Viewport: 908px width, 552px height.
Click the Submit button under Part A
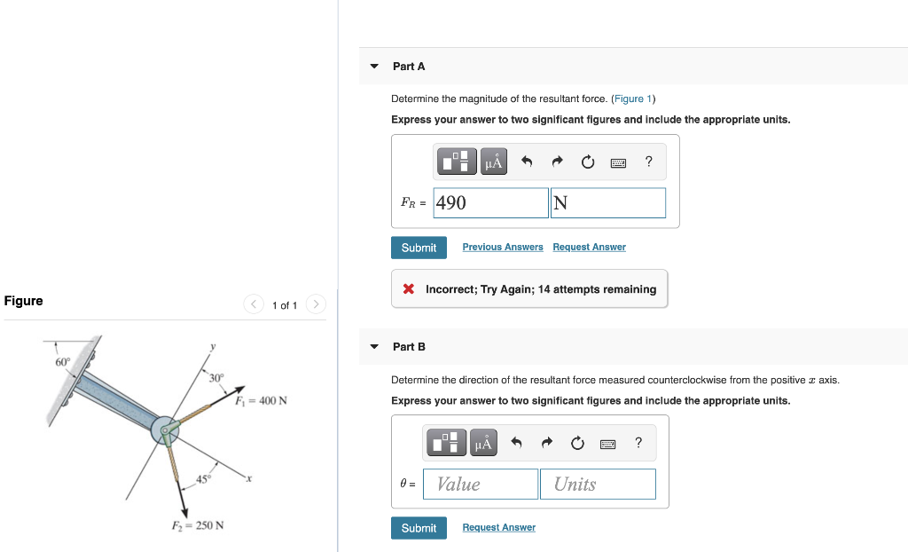pos(419,248)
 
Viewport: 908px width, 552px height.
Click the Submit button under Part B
pos(419,528)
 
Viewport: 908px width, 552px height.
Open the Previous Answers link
pos(503,247)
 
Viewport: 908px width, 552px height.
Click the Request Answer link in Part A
pos(589,247)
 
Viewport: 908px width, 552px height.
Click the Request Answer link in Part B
pos(498,527)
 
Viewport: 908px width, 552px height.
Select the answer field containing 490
pos(491,202)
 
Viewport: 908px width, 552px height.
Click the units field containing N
pos(607,202)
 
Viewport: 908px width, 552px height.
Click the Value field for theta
pos(481,484)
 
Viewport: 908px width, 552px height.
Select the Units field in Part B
pos(598,484)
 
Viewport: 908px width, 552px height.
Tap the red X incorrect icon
pos(409,289)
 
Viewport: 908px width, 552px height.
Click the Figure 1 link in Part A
pos(633,99)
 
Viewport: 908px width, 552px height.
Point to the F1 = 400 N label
pos(262,400)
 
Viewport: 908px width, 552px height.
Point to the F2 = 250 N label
pos(197,525)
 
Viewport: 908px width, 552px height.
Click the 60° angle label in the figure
pos(62,362)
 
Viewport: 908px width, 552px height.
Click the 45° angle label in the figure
pos(205,481)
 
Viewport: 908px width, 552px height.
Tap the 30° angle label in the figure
pos(217,379)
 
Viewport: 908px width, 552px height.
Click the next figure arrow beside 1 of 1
pos(316,304)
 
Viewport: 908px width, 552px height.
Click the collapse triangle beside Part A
pos(374,67)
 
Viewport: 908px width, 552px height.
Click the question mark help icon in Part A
pos(649,161)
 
